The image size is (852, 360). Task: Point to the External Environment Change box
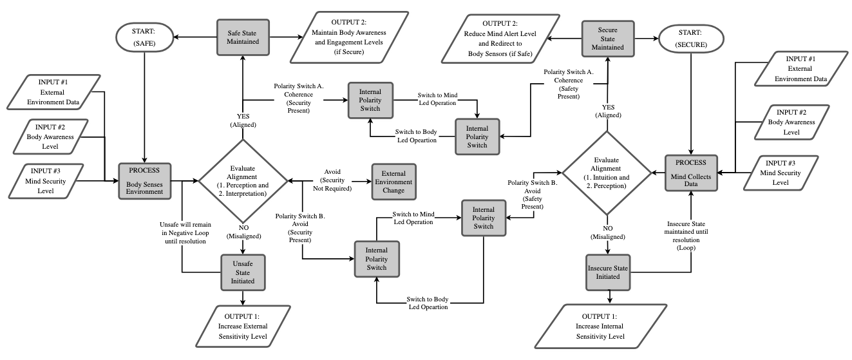pyautogui.click(x=393, y=182)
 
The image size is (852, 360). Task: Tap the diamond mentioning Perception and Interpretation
pyautogui.click(x=242, y=181)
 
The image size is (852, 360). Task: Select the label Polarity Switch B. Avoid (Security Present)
pyautogui.click(x=301, y=227)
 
